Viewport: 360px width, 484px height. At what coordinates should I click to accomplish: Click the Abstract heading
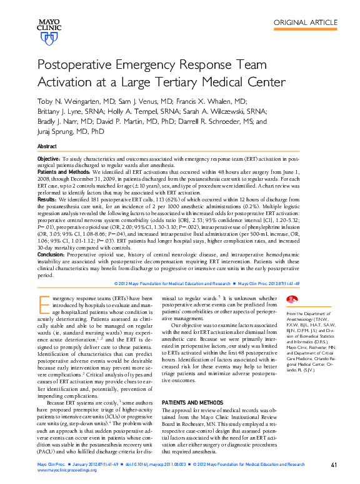coord(47,146)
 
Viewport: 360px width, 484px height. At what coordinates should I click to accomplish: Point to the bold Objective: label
coord(49,160)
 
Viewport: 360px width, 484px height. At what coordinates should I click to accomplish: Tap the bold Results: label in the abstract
coord(48,198)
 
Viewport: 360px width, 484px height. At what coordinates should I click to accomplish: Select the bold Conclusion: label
coord(52,254)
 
